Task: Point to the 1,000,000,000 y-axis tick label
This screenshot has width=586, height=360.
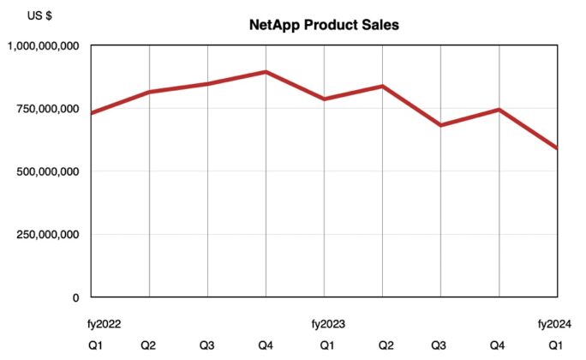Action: coord(44,45)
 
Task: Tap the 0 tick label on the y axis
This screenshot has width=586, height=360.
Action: coord(75,297)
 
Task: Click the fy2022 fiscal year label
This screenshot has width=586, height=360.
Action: coord(104,324)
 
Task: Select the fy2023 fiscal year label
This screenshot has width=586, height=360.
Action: coord(326,324)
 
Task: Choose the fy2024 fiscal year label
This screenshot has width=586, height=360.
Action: coord(555,324)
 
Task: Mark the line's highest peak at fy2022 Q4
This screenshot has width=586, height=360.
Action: coord(266,72)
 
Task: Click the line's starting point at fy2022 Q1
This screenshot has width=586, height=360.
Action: coord(92,113)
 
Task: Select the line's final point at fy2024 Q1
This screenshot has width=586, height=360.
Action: coord(557,148)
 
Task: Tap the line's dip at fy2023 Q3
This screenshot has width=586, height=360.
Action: coord(440,125)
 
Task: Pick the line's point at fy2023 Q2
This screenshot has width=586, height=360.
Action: coord(382,87)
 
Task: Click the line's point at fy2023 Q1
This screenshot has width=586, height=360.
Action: coord(324,99)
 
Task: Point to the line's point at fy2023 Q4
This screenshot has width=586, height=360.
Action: coord(499,110)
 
